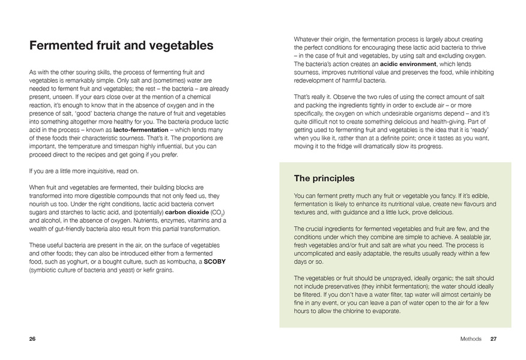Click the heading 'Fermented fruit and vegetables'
121,46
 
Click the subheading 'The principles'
324,178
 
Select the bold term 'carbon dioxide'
187,212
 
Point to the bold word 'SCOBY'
215,262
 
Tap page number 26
32,338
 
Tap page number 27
494,338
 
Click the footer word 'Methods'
471,338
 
